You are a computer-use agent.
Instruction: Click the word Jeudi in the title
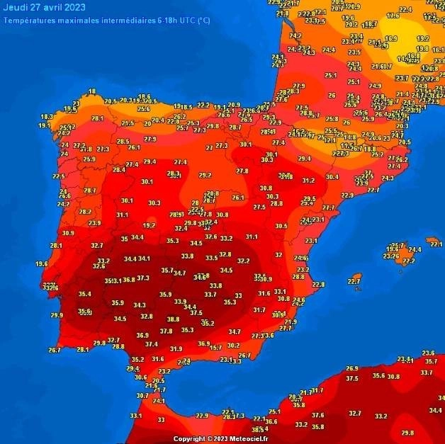[17, 8]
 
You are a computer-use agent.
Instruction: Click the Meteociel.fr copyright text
[222, 439]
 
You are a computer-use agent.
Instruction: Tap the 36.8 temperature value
[129, 280]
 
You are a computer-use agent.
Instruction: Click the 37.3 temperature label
[143, 278]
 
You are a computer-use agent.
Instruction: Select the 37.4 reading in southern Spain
[152, 344]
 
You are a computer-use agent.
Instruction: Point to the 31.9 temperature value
[176, 349]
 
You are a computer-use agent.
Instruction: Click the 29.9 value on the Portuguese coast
[57, 315]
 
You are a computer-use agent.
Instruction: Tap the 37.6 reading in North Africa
[317, 416]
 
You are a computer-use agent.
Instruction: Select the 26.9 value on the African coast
[351, 369]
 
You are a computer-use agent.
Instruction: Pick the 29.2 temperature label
[205, 175]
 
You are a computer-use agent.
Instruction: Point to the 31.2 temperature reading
[308, 181]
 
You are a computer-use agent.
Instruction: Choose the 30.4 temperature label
[332, 177]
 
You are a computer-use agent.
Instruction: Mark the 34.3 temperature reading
[140, 305]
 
